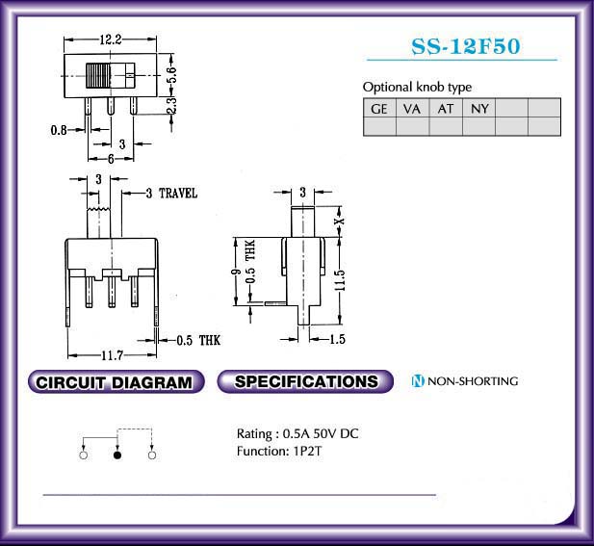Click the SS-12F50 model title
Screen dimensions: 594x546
(466, 47)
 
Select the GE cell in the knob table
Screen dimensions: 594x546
(379, 109)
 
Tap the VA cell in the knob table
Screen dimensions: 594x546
(412, 109)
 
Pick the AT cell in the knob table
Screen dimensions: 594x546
(446, 109)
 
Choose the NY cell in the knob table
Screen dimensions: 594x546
(478, 109)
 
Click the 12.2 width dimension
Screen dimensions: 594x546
(111, 39)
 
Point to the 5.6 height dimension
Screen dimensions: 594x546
(172, 75)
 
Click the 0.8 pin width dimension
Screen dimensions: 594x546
(59, 130)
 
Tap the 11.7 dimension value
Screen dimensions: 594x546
(112, 355)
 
